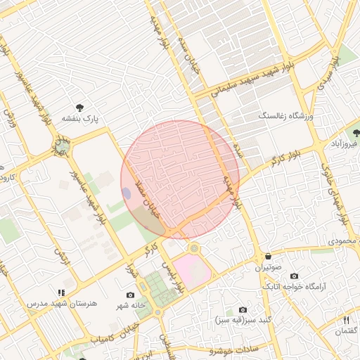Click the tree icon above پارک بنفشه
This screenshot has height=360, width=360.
tap(79, 108)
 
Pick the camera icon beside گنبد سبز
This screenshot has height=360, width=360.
tap(243, 309)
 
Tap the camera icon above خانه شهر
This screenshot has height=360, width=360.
tap(130, 295)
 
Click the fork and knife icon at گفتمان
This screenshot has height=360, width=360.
tap(346, 320)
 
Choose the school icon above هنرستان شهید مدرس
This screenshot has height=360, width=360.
tap(62, 292)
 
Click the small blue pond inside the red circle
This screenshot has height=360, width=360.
tap(127, 193)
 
